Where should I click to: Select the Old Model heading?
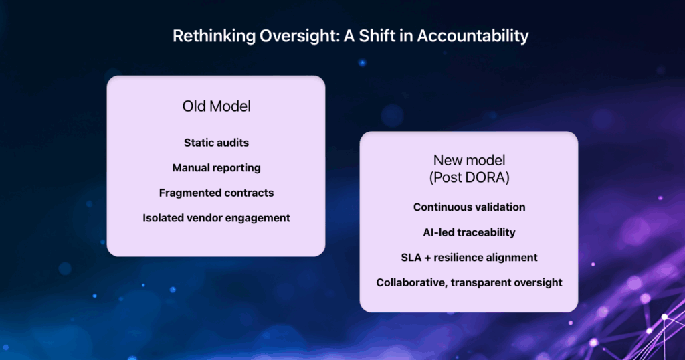tap(216, 106)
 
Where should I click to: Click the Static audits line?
tap(216, 143)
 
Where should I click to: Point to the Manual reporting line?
tap(216, 168)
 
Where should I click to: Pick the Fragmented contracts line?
tap(216, 193)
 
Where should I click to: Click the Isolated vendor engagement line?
tap(216, 218)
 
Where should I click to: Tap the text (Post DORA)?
tap(469, 177)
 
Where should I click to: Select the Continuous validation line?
tap(469, 207)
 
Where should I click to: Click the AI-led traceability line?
tap(469, 232)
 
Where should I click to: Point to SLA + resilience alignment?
tap(469, 258)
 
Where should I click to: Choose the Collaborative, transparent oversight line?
tap(469, 282)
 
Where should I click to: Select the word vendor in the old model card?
tap(205, 218)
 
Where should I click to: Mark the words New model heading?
tap(469, 161)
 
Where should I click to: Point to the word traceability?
tap(489, 232)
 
